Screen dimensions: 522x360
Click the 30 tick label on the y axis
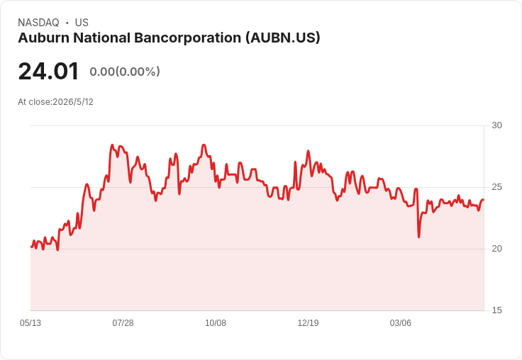(x=496, y=125)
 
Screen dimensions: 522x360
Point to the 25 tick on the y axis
(x=496, y=187)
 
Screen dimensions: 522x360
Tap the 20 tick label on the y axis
(x=496, y=249)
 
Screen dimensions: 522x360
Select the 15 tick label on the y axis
(x=496, y=310)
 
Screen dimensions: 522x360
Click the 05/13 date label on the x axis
(x=30, y=323)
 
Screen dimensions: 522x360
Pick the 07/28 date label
(x=123, y=323)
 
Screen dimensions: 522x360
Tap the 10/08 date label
(x=216, y=323)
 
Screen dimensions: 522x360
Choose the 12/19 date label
(x=308, y=323)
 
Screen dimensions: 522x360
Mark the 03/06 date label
(x=401, y=323)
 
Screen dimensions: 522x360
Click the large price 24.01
(x=48, y=71)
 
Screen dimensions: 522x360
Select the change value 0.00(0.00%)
(x=125, y=72)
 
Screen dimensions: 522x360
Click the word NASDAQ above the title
(x=38, y=23)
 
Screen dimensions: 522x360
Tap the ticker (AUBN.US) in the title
(x=283, y=38)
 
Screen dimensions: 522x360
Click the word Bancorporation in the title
(x=188, y=38)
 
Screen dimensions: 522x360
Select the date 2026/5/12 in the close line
(x=73, y=102)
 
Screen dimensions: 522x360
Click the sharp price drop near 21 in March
(x=418, y=237)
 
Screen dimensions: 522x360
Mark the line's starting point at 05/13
(x=31, y=247)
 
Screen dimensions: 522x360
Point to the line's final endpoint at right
(x=484, y=200)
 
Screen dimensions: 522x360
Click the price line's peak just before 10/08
(x=204, y=145)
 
